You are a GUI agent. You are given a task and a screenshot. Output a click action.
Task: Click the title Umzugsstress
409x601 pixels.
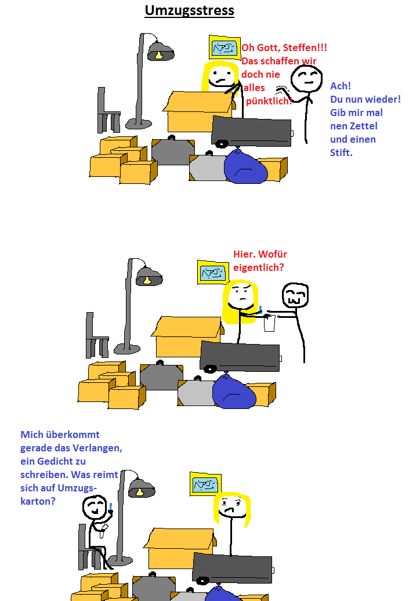[189, 10]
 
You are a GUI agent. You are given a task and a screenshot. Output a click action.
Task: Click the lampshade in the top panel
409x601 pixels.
[160, 53]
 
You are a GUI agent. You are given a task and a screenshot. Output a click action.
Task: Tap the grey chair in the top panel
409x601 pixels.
[108, 113]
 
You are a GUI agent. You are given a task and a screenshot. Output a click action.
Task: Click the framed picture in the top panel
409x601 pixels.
[225, 48]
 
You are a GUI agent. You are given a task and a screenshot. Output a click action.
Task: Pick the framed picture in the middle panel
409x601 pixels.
[212, 272]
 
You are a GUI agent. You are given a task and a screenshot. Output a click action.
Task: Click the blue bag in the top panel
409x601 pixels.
[245, 168]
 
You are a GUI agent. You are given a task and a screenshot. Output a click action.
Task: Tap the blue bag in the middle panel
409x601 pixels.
[234, 390]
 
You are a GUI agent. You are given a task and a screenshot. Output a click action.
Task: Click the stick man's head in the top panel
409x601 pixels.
[306, 79]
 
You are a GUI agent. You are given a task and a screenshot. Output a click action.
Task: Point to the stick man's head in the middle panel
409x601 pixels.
[295, 296]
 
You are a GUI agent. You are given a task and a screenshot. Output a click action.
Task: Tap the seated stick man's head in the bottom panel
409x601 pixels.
[94, 509]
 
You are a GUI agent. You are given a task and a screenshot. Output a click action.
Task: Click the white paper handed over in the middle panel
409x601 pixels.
[269, 323]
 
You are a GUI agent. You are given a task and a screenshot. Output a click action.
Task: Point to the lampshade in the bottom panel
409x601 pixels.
[141, 488]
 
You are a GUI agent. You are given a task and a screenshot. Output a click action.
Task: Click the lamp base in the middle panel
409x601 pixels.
[126, 349]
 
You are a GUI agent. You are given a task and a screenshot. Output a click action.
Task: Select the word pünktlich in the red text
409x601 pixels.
[269, 102]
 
